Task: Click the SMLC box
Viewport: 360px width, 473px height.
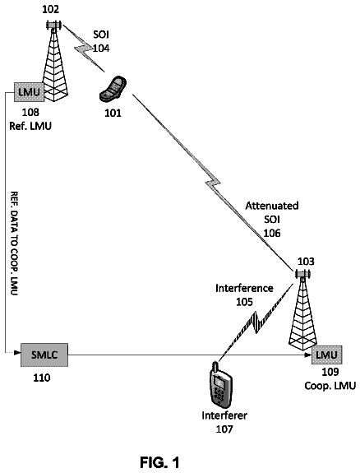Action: pyautogui.click(x=44, y=355)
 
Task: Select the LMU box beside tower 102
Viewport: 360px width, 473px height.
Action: pyautogui.click(x=30, y=91)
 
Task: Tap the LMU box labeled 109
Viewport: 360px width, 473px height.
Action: pyautogui.click(x=327, y=355)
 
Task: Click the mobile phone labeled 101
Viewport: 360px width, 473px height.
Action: pyautogui.click(x=113, y=89)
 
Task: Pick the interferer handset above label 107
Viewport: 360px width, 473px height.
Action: pyautogui.click(x=221, y=385)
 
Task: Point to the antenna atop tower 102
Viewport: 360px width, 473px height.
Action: pyautogui.click(x=53, y=25)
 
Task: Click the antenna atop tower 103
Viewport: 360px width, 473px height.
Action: pyautogui.click(x=302, y=274)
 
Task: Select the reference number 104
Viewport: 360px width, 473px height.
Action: pyautogui.click(x=101, y=49)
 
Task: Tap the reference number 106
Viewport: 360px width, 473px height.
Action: pyautogui.click(x=272, y=233)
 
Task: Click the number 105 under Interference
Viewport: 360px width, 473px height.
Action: pyautogui.click(x=244, y=302)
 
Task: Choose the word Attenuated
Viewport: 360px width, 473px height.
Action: pyautogui.click(x=272, y=206)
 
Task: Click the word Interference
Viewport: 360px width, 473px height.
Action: pyautogui.click(x=244, y=289)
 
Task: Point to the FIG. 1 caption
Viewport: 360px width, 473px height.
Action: pyautogui.click(x=159, y=462)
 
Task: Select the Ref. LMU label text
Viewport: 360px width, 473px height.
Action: pyautogui.click(x=30, y=126)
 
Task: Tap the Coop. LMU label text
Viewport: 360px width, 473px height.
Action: pyautogui.click(x=330, y=386)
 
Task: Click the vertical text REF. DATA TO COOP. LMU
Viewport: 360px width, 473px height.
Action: pyautogui.click(x=14, y=243)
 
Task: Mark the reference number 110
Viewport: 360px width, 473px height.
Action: pyautogui.click(x=42, y=378)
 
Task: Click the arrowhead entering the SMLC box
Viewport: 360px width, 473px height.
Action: pyautogui.click(x=17, y=352)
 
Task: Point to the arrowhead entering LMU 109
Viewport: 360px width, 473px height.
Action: pyautogui.click(x=308, y=355)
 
